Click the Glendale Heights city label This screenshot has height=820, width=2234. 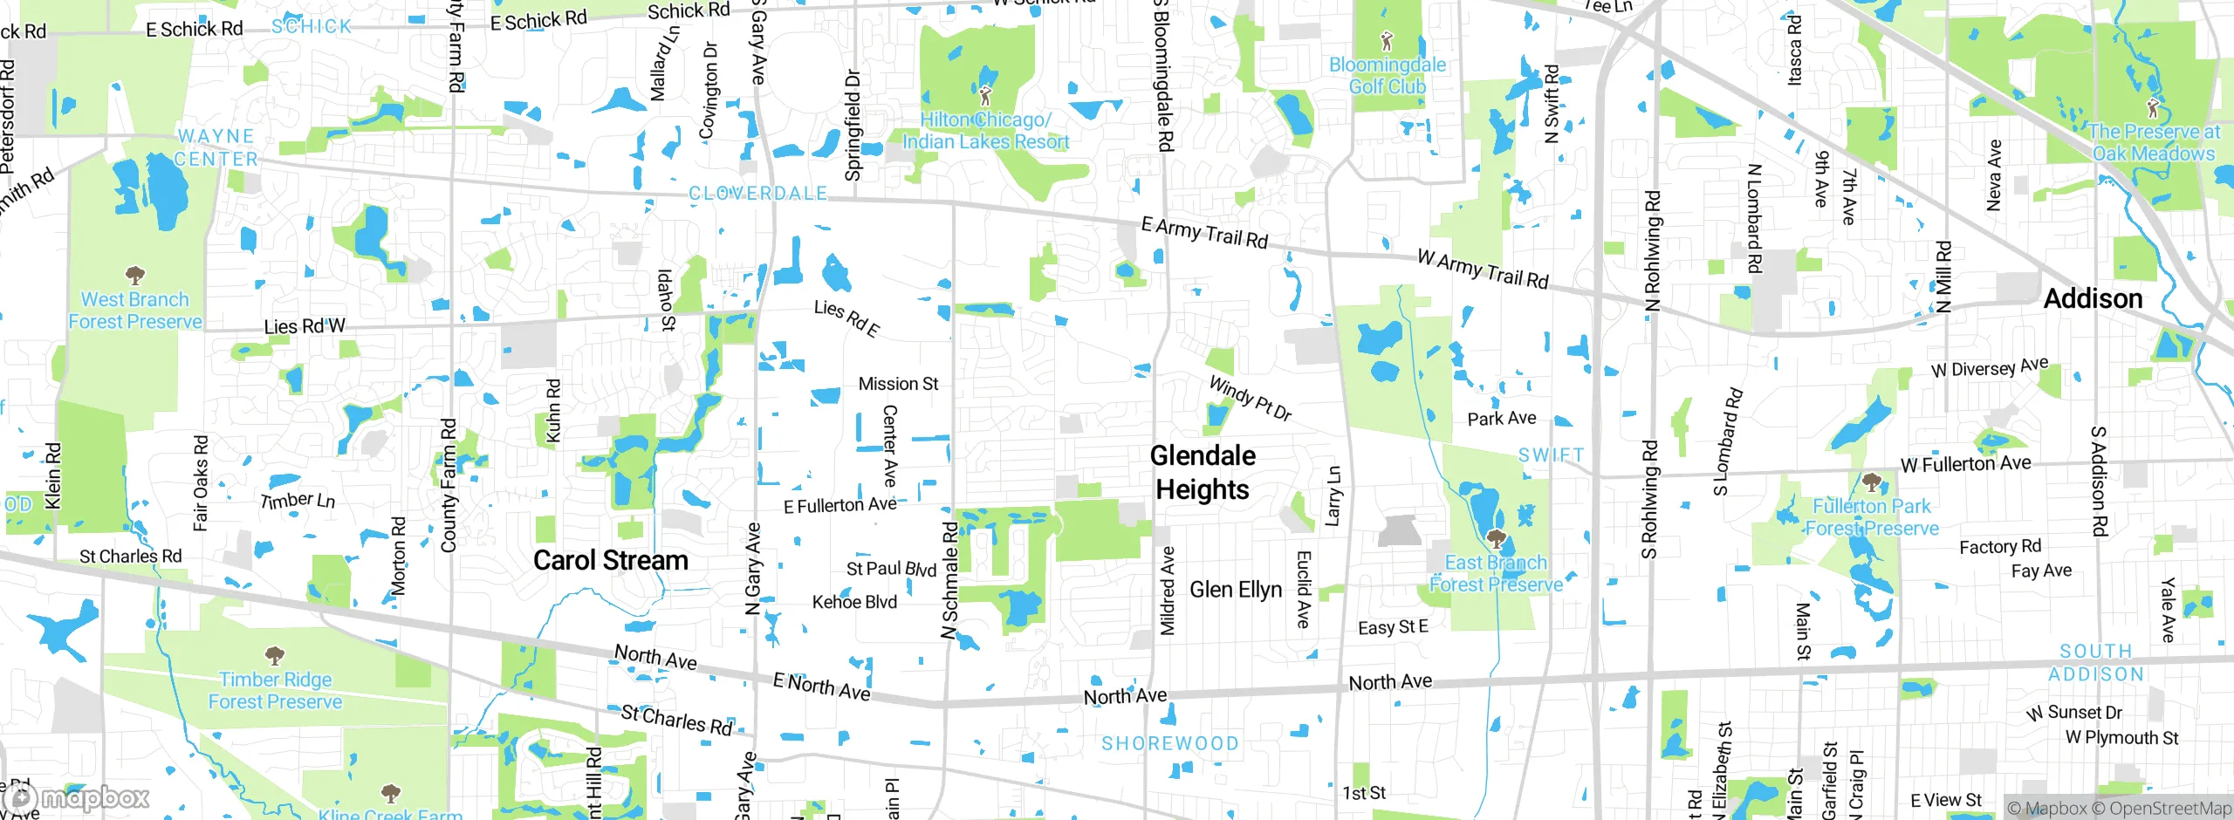click(x=1203, y=472)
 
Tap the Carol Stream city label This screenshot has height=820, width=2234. click(x=610, y=560)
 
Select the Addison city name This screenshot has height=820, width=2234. click(x=2093, y=299)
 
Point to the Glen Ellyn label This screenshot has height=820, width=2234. click(x=1236, y=590)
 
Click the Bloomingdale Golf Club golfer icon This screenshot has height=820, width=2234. click(x=1387, y=40)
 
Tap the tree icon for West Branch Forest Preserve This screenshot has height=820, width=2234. click(x=134, y=276)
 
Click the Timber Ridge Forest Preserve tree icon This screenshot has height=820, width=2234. click(x=275, y=655)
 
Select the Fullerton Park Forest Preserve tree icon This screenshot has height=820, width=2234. click(x=1870, y=482)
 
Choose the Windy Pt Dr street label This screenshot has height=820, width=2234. click(x=1250, y=398)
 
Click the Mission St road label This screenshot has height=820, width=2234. click(x=898, y=384)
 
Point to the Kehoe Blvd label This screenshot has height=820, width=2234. click(x=854, y=602)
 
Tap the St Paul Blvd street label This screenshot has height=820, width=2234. click(x=891, y=569)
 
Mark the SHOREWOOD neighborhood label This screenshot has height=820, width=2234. click(x=1169, y=743)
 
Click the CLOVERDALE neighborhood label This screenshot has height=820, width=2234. click(x=757, y=194)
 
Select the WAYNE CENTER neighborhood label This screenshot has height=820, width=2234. click(x=216, y=147)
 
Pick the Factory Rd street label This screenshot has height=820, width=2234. click(x=2000, y=547)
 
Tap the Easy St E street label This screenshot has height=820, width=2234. click(x=1393, y=627)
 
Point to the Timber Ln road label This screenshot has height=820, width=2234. click(x=298, y=501)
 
